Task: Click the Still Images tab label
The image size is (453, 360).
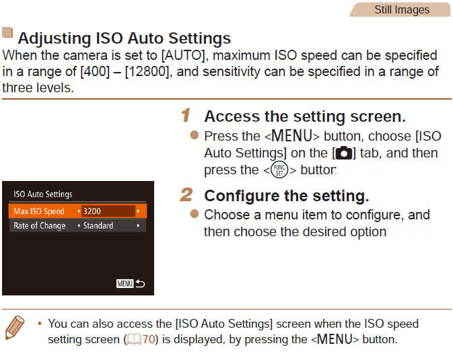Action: pos(401,9)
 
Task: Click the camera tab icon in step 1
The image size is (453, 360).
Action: pos(344,153)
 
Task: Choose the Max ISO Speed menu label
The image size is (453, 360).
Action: pos(39,211)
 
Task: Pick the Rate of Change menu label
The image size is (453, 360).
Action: pos(40,225)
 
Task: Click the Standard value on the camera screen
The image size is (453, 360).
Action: pos(98,225)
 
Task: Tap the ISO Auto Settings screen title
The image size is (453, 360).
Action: pos(43,194)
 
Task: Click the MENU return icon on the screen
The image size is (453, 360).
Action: pos(131,284)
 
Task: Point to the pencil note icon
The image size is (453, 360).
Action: pos(14,330)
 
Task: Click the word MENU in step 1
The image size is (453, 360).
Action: pos(293,136)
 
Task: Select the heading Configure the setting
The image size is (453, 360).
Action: pos(286,196)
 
